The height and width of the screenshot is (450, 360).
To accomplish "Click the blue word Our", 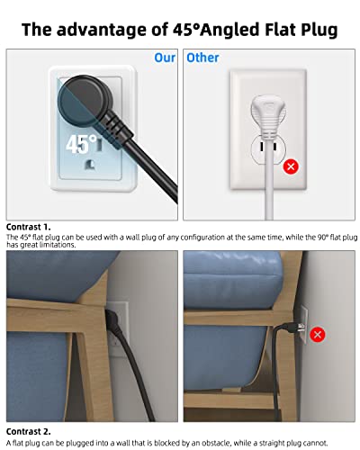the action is (165, 58).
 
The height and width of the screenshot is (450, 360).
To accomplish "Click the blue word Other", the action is (202, 58).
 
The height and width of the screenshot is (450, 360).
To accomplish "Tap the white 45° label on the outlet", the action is (81, 144).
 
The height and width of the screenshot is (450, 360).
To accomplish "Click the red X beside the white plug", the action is (291, 166).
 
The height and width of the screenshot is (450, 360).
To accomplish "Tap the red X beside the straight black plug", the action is (318, 335).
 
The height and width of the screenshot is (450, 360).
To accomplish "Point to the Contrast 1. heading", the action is (29, 227).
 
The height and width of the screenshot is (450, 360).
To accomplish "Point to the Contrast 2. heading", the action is (29, 431).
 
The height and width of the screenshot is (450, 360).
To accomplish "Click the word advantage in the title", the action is (107, 30).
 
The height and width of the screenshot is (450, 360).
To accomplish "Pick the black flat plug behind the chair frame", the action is (112, 320).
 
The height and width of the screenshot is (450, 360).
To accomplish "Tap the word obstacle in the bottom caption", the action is (217, 443).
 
